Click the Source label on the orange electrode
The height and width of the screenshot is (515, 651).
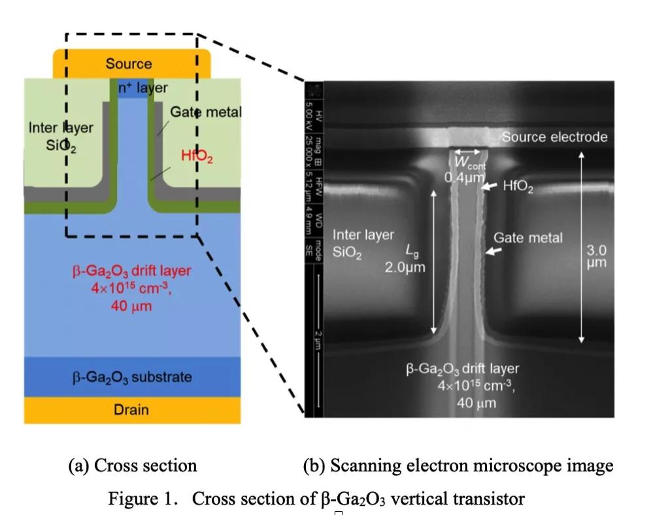(x=129, y=63)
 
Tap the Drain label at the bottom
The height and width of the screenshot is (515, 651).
(x=131, y=410)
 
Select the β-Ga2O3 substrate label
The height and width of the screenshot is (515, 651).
(x=132, y=377)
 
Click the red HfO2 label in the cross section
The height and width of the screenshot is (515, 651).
(x=197, y=156)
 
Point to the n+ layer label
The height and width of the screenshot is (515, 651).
(x=142, y=88)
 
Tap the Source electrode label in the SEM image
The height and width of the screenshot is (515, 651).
(x=554, y=137)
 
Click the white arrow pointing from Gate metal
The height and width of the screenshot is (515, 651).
(x=493, y=250)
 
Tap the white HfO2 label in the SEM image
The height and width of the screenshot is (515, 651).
(x=518, y=188)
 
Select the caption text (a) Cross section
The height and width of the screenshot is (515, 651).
(x=133, y=465)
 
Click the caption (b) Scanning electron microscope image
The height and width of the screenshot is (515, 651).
(x=458, y=465)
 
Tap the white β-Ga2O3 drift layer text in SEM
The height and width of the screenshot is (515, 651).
(x=462, y=369)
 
